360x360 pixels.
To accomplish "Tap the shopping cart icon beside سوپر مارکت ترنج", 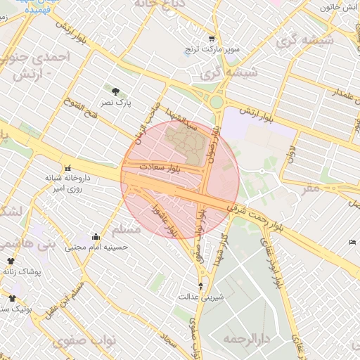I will click(211, 38).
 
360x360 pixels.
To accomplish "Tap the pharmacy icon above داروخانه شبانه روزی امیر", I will click(68, 168).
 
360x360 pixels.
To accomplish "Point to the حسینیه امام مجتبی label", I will click(96, 247).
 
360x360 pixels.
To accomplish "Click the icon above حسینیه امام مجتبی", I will click(96, 237).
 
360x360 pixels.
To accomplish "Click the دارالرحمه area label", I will click(247, 339).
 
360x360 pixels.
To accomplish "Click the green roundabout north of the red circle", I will click(216, 103).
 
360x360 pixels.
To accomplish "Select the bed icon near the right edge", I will click(352, 243).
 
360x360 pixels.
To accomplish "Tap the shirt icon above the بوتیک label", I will click(12, 298).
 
